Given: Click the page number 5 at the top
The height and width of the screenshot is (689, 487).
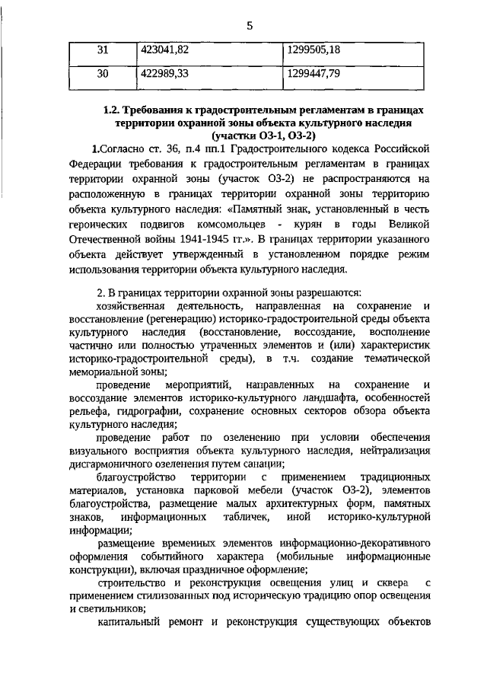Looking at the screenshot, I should click(x=249, y=27).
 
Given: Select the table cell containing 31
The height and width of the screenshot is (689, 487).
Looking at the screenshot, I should click(x=103, y=50).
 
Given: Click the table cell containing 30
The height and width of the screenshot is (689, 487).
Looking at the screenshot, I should click(x=103, y=74).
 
